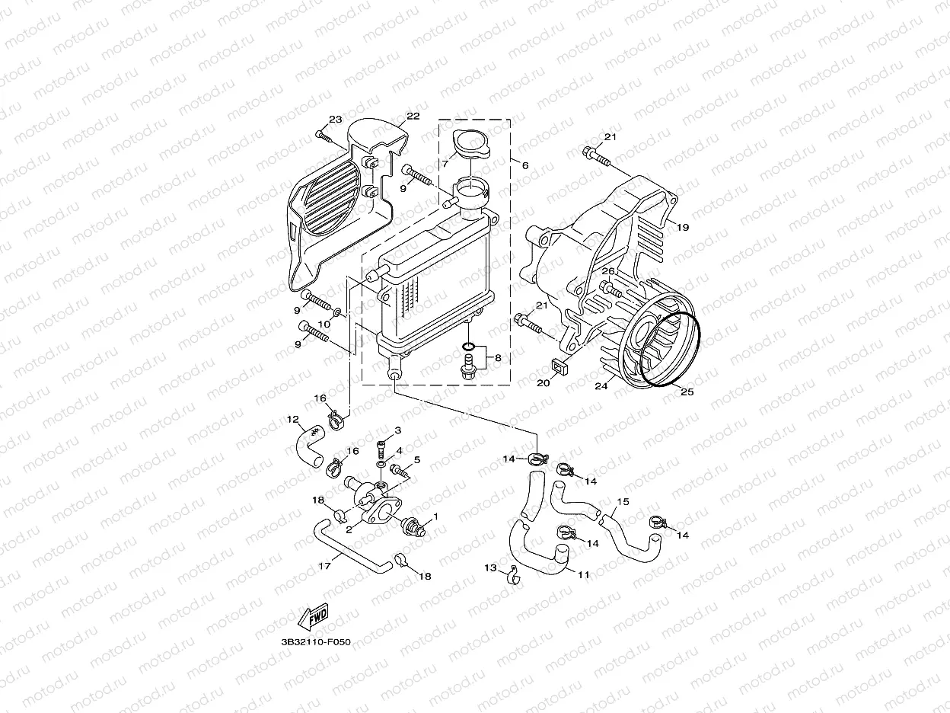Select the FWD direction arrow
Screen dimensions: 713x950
(x=313, y=618)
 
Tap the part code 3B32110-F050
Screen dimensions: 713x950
(x=315, y=643)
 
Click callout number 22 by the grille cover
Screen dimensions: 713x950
(x=413, y=116)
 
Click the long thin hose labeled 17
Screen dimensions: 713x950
(x=350, y=548)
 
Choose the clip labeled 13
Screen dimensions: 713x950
(x=514, y=574)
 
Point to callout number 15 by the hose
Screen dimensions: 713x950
(x=623, y=502)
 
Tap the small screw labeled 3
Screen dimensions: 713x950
(x=381, y=446)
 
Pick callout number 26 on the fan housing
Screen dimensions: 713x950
(x=607, y=271)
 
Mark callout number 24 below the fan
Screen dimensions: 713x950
(x=601, y=387)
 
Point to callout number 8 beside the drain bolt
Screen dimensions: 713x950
(x=497, y=356)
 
